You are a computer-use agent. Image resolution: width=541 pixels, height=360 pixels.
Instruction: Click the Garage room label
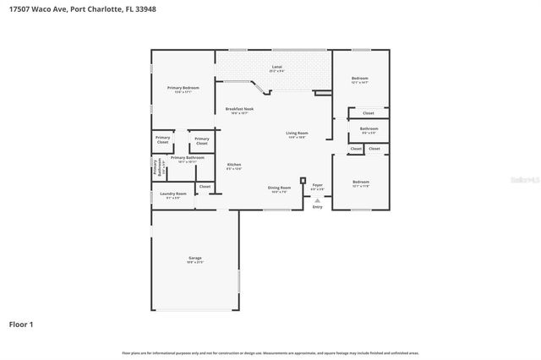(x=194, y=259)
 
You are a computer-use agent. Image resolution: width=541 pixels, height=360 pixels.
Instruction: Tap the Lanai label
(x=276, y=67)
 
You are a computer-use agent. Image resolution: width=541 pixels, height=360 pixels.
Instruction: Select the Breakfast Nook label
(x=239, y=108)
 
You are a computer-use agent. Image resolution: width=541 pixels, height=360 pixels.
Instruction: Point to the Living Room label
(x=296, y=134)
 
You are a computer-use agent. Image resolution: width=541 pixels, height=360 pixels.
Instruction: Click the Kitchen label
(x=234, y=165)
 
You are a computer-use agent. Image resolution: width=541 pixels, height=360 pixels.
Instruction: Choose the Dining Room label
(x=280, y=188)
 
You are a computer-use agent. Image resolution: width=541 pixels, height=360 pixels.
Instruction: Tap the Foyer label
(x=318, y=184)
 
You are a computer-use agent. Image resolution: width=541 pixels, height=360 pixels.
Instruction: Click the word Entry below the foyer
(x=317, y=206)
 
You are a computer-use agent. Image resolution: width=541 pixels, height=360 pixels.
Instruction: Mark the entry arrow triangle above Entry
(x=317, y=199)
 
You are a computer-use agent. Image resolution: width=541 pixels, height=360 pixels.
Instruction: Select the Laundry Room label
(x=173, y=194)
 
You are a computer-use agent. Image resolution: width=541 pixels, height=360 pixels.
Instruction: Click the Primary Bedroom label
(x=183, y=88)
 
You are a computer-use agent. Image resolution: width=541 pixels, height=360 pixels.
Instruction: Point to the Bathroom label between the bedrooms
(x=369, y=128)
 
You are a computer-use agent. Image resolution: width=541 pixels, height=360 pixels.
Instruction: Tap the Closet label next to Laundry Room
(x=205, y=186)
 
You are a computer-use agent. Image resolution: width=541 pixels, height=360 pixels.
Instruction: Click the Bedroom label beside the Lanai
(x=360, y=79)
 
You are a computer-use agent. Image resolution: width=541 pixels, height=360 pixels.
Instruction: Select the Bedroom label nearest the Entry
(x=361, y=182)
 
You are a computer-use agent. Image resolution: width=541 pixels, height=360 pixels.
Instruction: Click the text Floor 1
(x=21, y=324)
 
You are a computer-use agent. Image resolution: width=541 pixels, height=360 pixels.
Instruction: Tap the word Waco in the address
(x=41, y=8)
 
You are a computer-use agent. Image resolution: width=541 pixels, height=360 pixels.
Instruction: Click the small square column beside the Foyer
(x=303, y=180)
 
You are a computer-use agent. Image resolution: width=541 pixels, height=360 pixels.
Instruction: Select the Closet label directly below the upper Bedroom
(x=369, y=113)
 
